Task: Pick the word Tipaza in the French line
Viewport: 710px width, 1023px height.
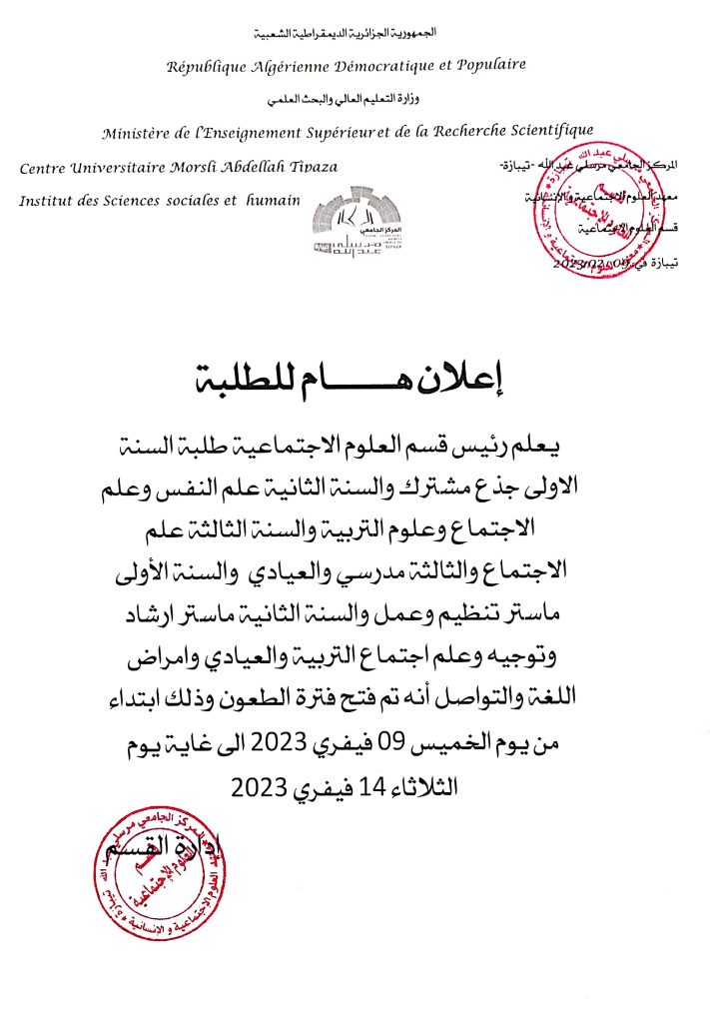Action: point(314,167)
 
